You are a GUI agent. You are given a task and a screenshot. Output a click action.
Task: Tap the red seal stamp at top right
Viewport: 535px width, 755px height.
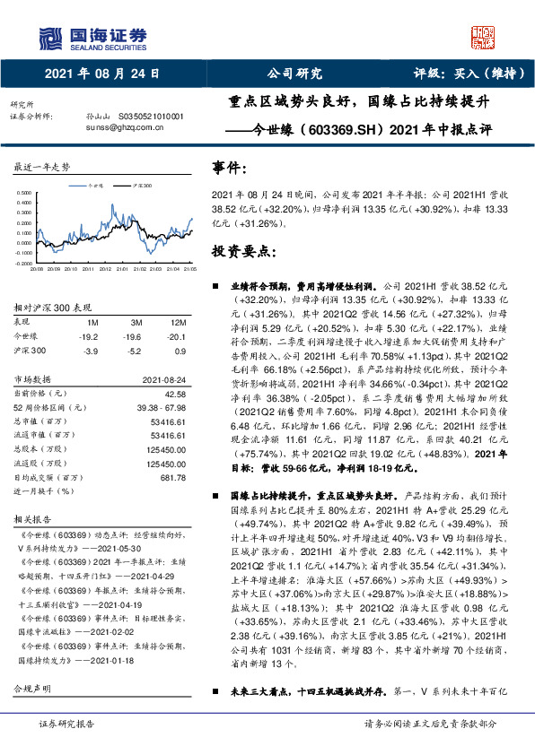485,37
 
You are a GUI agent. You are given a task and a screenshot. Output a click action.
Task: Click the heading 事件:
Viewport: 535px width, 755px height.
230,168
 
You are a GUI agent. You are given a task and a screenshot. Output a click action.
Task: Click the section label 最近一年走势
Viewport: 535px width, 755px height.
42,168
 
